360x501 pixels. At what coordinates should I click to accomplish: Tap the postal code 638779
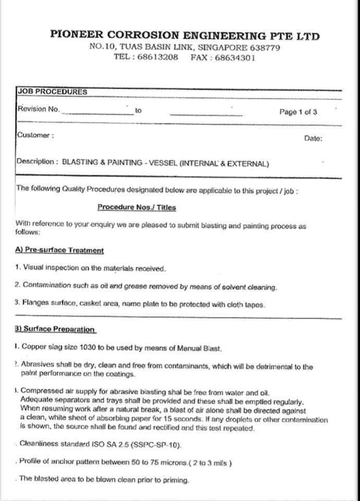[262, 47]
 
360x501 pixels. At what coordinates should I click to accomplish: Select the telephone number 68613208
[157, 57]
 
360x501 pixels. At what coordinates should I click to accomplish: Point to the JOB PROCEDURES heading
[52, 92]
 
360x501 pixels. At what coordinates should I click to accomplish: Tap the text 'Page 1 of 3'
[298, 112]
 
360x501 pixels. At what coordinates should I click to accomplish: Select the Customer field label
[34, 135]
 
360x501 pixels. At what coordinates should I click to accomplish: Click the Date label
[313, 139]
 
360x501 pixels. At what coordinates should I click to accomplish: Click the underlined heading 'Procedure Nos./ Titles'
[136, 207]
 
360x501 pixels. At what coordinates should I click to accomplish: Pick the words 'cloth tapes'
[246, 306]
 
